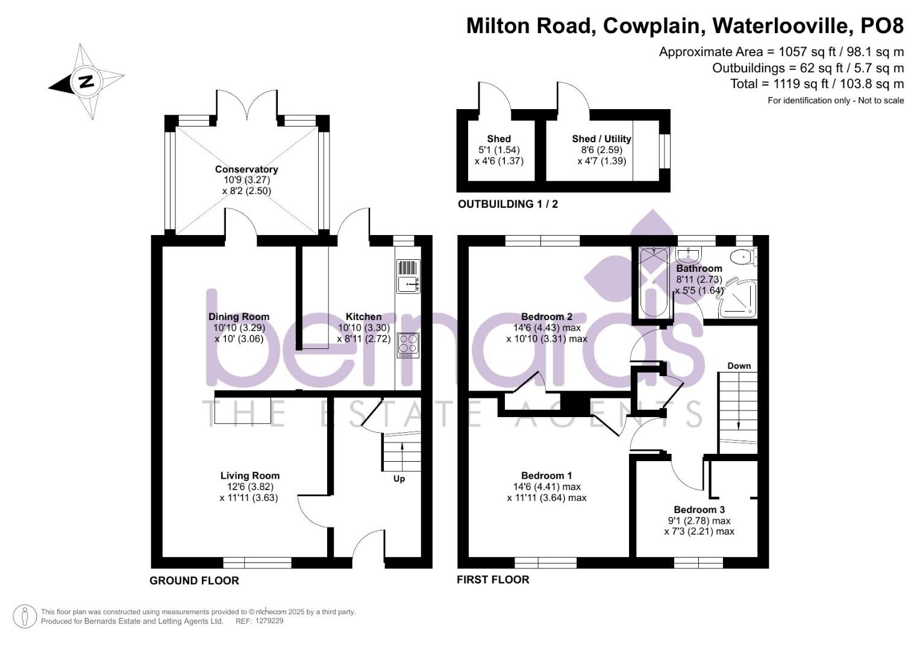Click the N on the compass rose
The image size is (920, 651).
(86, 81)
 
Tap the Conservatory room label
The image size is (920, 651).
(246, 169)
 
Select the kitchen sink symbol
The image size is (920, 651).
(408, 283)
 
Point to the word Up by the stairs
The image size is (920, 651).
(399, 479)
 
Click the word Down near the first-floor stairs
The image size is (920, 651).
(739, 366)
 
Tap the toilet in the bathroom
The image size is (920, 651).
(743, 257)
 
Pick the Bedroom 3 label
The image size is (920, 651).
(699, 510)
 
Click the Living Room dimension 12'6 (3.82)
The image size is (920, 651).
(249, 487)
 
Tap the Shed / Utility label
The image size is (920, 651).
(601, 139)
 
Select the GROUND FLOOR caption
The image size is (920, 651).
(194, 581)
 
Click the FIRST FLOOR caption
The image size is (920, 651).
(493, 580)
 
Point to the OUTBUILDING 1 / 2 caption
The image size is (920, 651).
(508, 204)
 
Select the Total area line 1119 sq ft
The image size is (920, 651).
(816, 84)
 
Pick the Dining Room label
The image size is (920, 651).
(239, 317)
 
